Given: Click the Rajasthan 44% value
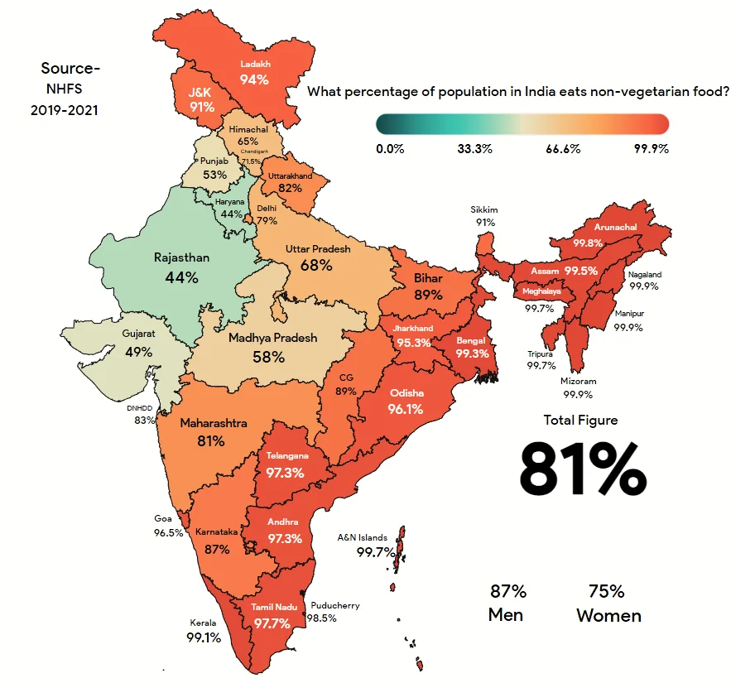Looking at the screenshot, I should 181,277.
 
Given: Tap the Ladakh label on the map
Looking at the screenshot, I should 255,64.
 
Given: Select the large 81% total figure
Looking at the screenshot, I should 582,468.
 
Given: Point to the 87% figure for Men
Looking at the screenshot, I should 507,592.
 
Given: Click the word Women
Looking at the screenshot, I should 608,616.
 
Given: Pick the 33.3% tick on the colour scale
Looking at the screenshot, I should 474,149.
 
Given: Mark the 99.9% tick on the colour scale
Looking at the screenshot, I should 651,149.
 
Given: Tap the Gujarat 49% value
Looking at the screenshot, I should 138,352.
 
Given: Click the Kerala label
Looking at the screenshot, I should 203,623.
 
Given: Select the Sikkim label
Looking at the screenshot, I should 484,210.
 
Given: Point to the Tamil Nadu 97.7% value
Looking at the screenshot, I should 274,623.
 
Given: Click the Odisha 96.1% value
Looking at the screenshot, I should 406,409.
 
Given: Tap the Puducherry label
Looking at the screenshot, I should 335,605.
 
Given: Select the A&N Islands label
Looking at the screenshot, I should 362,537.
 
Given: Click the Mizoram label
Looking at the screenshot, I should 578,382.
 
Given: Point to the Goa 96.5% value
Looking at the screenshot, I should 168,533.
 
